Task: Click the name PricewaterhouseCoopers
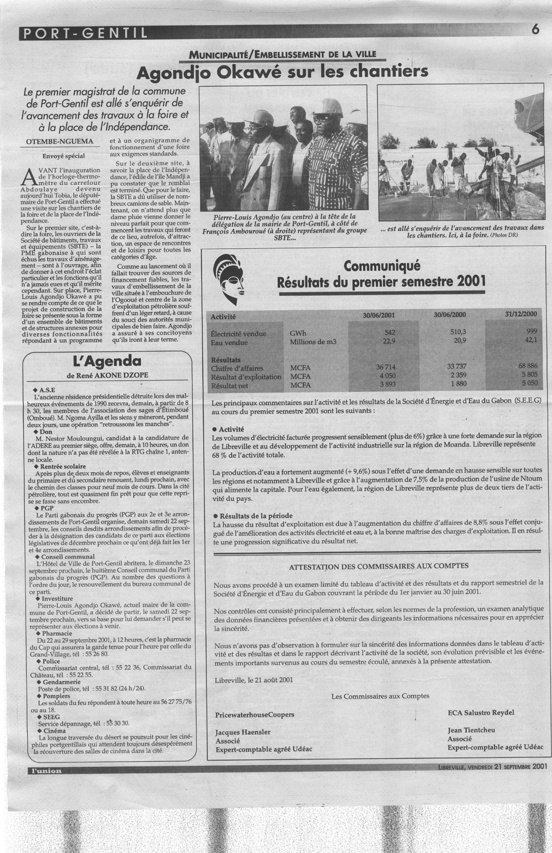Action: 255,714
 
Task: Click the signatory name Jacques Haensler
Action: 243,732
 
